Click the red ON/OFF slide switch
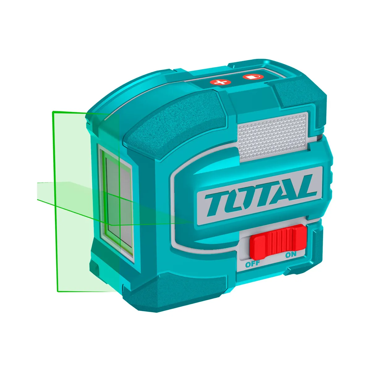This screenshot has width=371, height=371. tap(277, 242)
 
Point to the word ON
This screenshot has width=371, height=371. tap(291, 254)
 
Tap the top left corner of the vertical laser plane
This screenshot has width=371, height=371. tap(53, 112)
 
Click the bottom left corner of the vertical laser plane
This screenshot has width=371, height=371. tap(58, 291)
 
